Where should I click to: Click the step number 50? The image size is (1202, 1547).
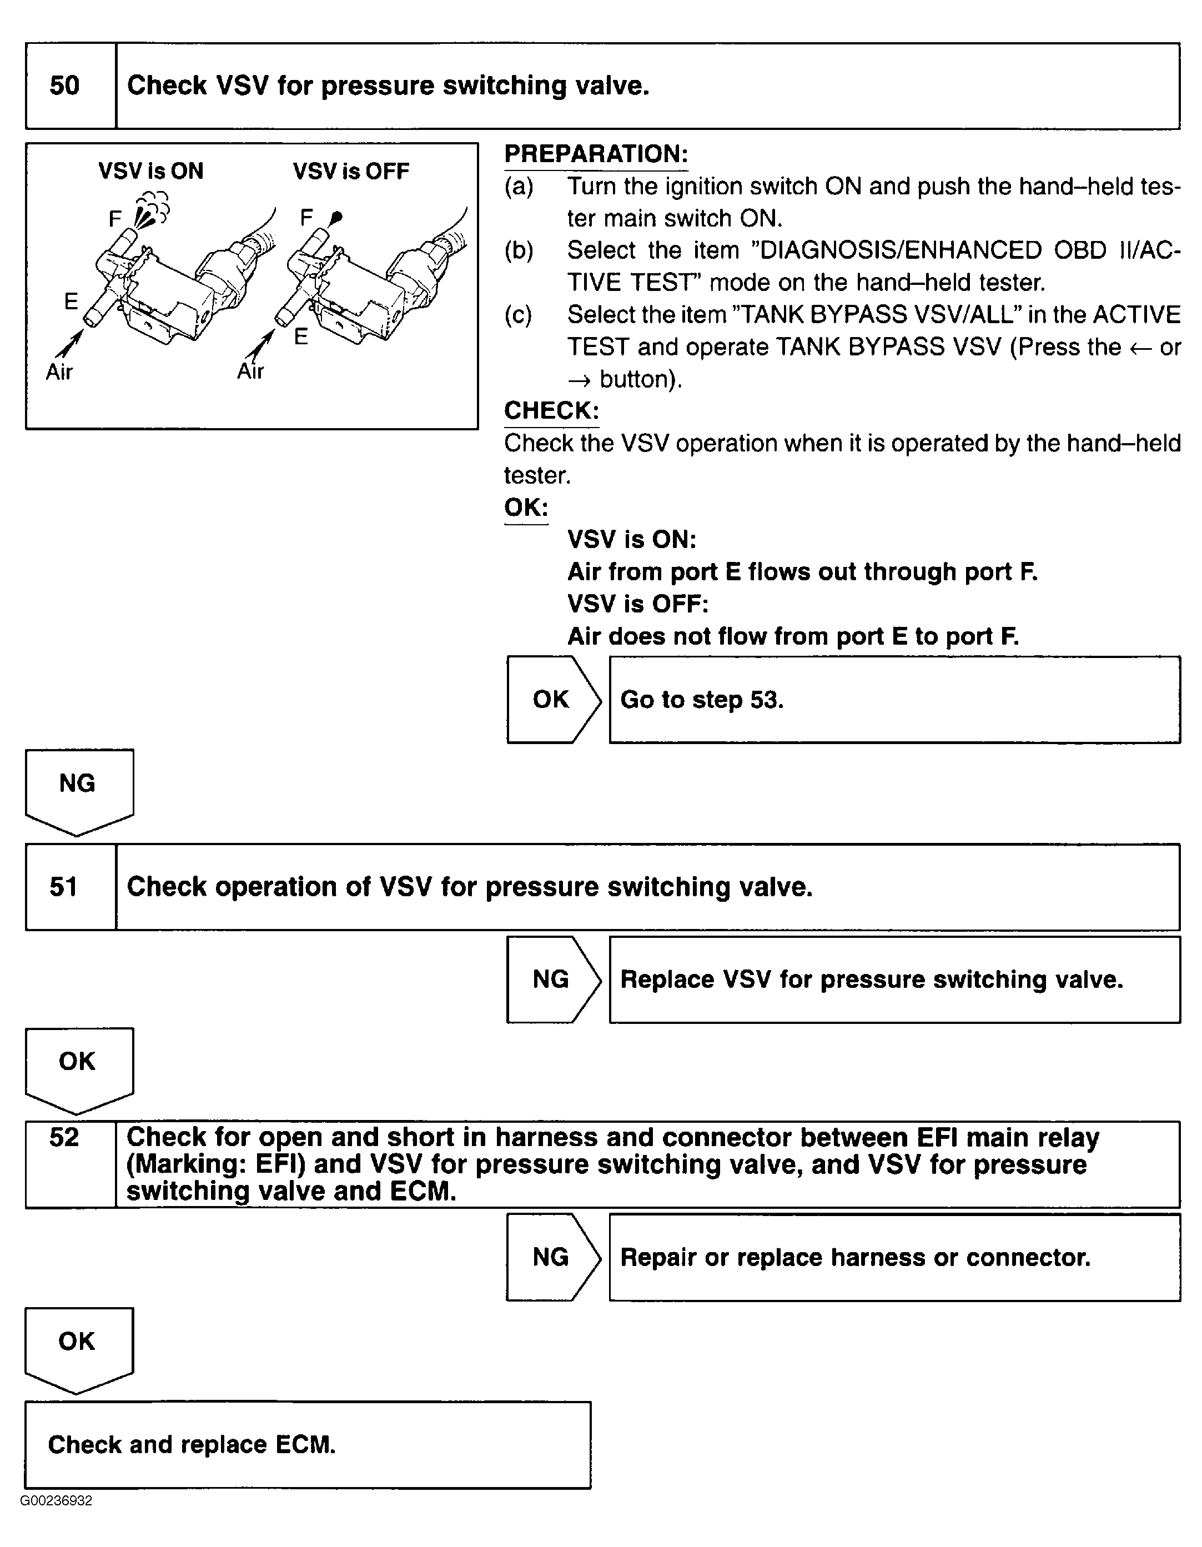(x=64, y=86)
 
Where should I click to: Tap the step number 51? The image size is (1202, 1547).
(x=64, y=887)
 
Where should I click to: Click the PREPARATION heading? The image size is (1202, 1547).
(x=596, y=154)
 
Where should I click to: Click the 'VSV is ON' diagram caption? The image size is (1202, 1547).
(x=151, y=172)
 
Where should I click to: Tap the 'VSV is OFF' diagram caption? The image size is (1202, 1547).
(x=351, y=172)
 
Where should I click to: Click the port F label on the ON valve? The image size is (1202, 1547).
(x=115, y=219)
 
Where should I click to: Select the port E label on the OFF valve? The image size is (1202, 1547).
(x=301, y=336)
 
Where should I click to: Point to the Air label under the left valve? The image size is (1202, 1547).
(x=59, y=372)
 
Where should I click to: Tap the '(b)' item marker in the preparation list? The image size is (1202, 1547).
(x=519, y=251)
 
